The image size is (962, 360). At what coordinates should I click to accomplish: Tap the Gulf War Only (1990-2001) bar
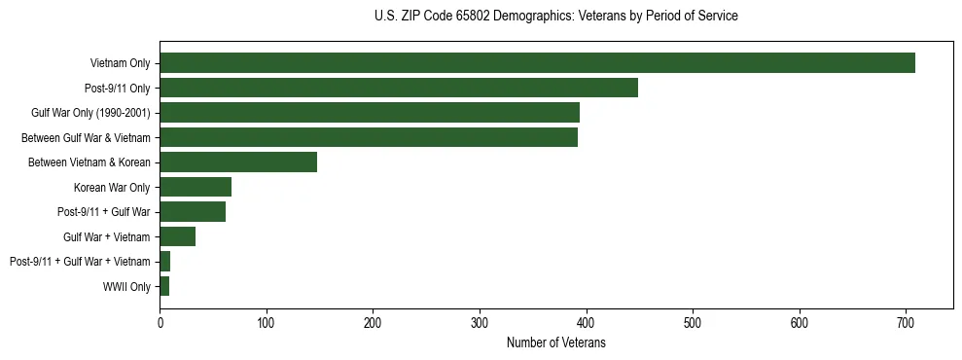[x=370, y=113]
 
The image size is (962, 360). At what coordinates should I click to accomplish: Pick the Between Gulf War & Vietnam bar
[x=369, y=137]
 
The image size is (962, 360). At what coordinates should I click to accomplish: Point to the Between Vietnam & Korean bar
[x=238, y=162]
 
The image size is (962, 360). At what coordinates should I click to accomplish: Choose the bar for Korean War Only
[x=196, y=187]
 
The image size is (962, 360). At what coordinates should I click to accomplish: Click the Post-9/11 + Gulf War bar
[x=193, y=212]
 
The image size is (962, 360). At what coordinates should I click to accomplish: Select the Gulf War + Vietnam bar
[x=178, y=236]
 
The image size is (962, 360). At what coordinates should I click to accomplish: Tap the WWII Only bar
[x=164, y=286]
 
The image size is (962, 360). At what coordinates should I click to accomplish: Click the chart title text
[x=555, y=17]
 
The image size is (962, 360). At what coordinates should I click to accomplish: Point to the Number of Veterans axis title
[x=555, y=342]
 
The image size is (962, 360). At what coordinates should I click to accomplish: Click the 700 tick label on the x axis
[x=906, y=323]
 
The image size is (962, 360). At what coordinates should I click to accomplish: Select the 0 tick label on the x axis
[x=160, y=323]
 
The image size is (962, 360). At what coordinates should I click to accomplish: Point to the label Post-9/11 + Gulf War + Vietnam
[x=80, y=262]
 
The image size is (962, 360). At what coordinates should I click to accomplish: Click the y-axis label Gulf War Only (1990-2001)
[x=90, y=113]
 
